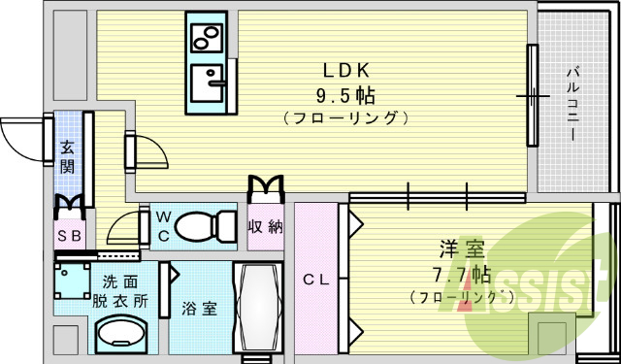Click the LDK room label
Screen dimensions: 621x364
[x=344, y=71]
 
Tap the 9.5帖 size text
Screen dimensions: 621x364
[x=344, y=96]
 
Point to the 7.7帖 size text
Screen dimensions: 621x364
[x=455, y=274]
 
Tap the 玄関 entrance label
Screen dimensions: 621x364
[x=67, y=157]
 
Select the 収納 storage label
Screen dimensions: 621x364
[x=265, y=228]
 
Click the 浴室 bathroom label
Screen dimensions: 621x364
[x=199, y=309]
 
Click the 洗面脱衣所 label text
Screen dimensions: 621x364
[x=120, y=291]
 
